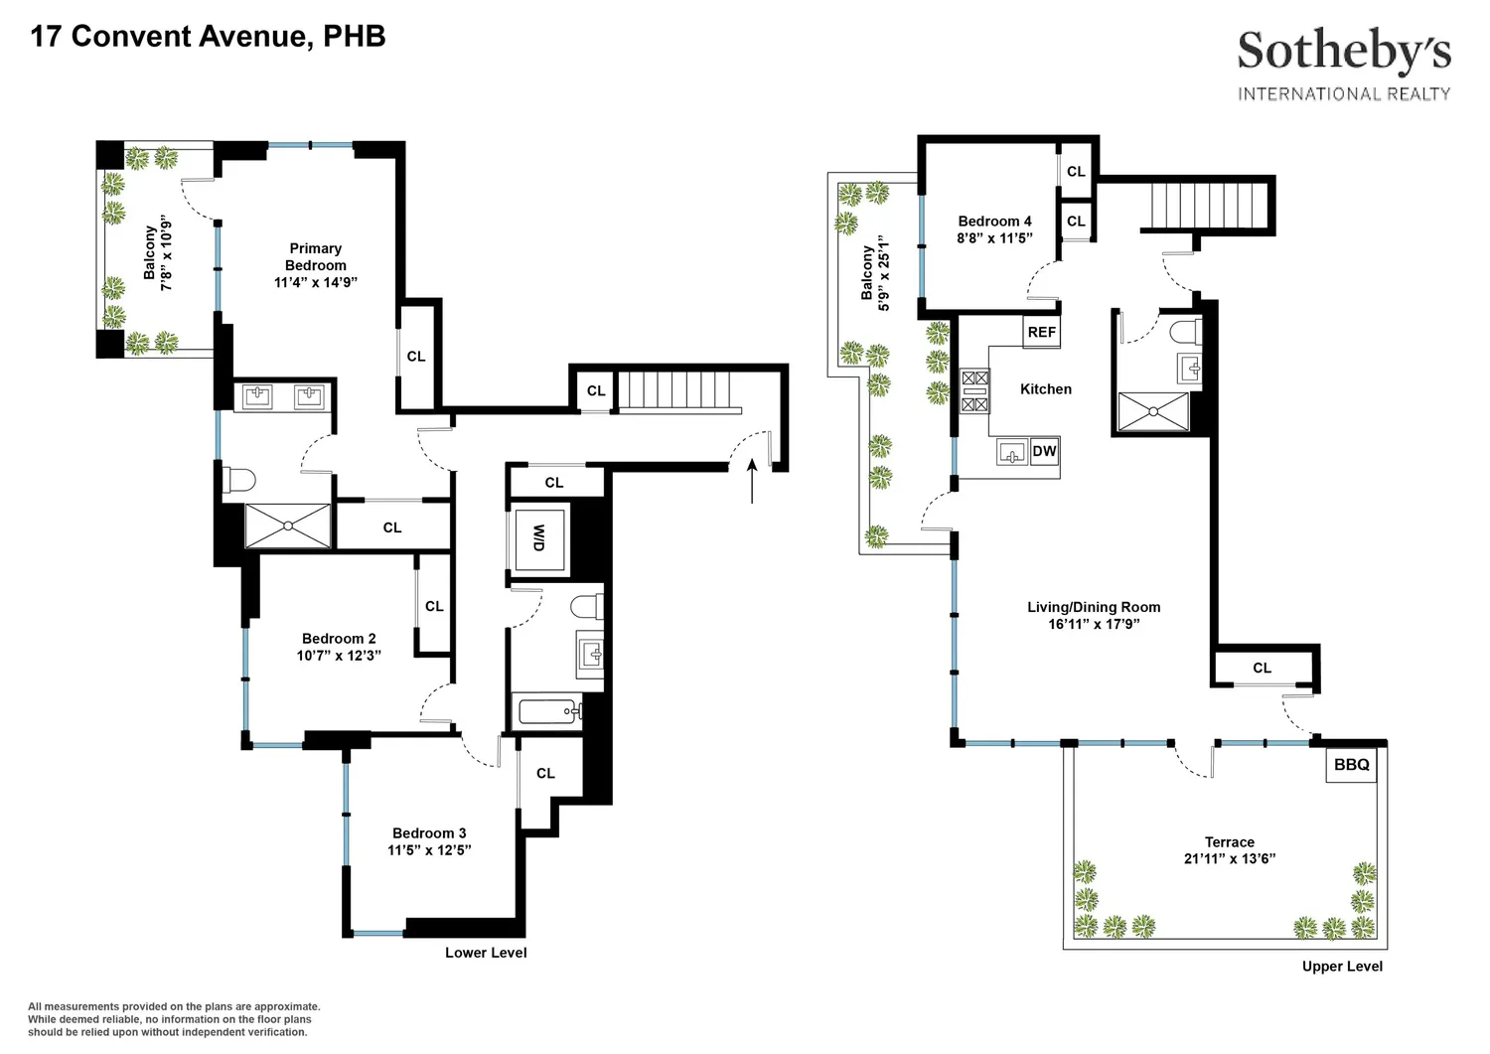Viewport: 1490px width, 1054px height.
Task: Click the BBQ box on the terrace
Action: [1351, 765]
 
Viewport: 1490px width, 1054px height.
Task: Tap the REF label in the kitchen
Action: [1042, 332]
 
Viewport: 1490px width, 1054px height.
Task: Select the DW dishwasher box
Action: [1044, 452]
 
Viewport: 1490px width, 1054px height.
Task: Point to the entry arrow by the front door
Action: [752, 481]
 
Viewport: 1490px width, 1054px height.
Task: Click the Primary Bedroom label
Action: [315, 257]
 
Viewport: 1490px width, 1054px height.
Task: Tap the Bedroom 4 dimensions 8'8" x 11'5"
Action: [994, 238]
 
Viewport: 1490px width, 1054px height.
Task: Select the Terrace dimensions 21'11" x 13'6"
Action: [1230, 859]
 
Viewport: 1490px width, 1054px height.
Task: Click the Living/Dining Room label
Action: [1094, 607]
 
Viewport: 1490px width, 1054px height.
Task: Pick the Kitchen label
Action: [1046, 389]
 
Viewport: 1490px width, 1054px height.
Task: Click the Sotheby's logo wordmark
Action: [1344, 52]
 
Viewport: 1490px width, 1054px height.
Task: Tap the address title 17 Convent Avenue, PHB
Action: [209, 37]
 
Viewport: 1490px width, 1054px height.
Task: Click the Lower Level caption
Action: [486, 953]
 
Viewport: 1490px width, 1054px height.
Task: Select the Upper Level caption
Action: [1342, 967]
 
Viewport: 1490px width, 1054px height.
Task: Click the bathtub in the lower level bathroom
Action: [550, 711]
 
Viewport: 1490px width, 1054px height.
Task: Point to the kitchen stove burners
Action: [974, 391]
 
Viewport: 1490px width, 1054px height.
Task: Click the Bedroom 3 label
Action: [429, 833]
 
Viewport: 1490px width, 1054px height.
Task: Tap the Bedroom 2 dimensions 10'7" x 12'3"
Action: [339, 656]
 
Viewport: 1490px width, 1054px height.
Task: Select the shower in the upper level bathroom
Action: [1152, 412]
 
